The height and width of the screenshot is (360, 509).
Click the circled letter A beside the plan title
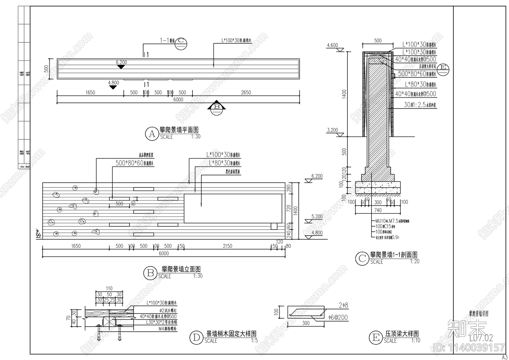click(152, 134)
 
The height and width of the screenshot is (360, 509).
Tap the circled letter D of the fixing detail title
click(196, 338)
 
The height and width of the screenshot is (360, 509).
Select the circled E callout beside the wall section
click(443, 67)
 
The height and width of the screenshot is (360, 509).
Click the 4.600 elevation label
click(332, 45)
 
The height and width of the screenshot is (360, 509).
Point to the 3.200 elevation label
click(332, 130)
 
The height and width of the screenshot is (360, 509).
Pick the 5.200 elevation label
click(317, 216)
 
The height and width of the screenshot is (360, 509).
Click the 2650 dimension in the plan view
click(246, 93)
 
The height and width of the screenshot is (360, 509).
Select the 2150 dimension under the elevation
click(227, 246)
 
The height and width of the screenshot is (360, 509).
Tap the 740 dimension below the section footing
click(378, 210)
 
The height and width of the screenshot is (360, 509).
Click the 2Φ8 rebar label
click(343, 305)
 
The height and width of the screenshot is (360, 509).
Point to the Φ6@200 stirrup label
click(338, 317)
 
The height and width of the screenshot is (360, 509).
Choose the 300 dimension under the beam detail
click(306, 323)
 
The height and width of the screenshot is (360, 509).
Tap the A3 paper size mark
click(505, 357)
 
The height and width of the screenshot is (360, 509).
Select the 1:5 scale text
click(254, 340)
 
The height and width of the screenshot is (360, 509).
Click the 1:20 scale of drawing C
click(415, 261)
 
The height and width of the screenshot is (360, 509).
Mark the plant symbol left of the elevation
click(38, 234)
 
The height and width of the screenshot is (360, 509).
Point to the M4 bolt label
click(159, 328)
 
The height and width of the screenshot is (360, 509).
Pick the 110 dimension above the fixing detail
click(109, 288)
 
